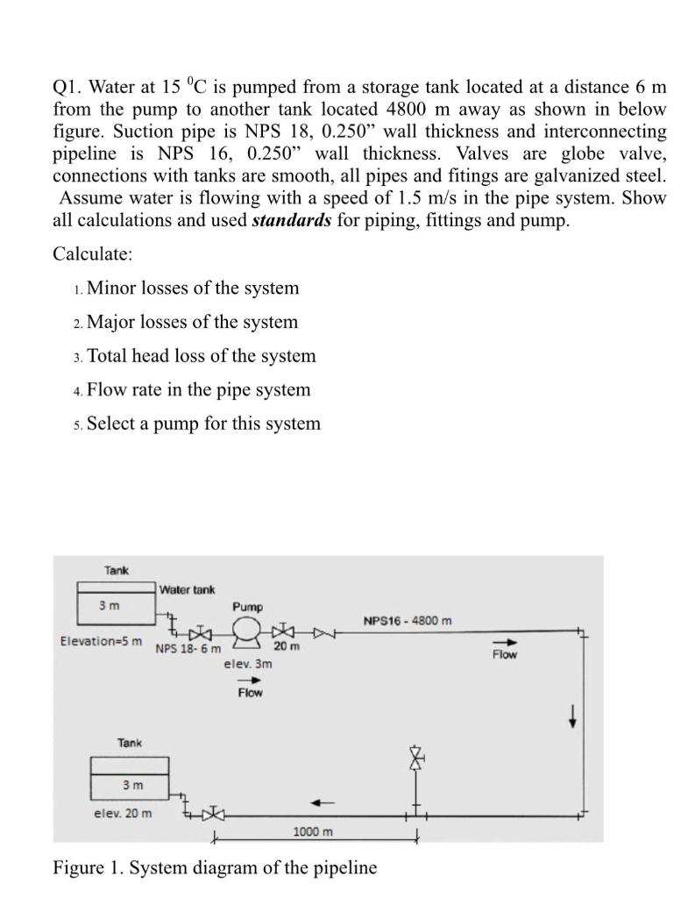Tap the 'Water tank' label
tap(188, 589)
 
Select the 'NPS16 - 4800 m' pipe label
tap(408, 622)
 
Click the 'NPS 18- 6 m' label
tap(188, 650)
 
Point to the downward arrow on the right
tap(573, 716)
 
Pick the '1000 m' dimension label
tap(313, 831)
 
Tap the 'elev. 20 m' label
tap(123, 813)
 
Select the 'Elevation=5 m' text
tap(101, 641)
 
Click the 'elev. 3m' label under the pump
tap(248, 664)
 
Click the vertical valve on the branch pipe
tap(417, 757)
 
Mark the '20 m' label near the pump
tap(285, 645)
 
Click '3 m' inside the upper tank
tap(110, 605)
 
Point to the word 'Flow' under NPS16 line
tap(505, 654)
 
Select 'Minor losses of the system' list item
tap(193, 289)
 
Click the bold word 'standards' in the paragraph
tap(291, 220)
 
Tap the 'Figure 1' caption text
tap(215, 868)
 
